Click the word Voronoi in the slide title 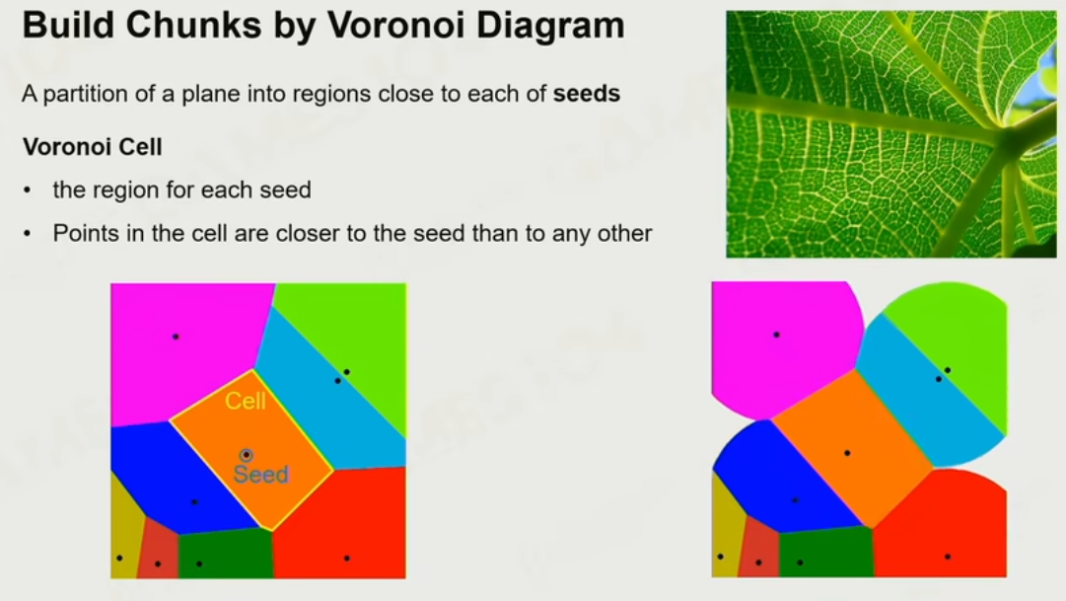point(396,26)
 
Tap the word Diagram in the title point(550,26)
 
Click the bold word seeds point(586,93)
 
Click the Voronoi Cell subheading point(93,147)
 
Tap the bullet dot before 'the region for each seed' point(28,190)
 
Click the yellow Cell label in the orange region point(246,401)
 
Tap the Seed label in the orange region point(261,475)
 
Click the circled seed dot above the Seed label point(247,455)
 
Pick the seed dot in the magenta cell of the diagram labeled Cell point(176,337)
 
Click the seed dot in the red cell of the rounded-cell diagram point(948,557)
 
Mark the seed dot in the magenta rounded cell point(776,335)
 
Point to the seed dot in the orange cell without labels point(847,453)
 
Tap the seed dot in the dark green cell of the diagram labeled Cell point(199,563)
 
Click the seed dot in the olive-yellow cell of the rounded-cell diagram point(721,557)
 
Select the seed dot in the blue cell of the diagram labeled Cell point(194,502)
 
